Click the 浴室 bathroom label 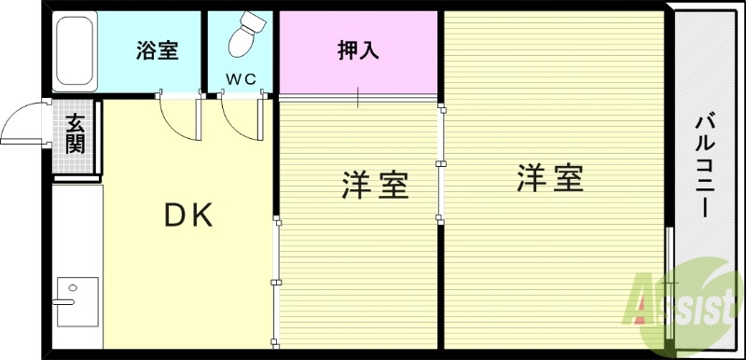click(x=157, y=50)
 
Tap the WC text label click(x=240, y=80)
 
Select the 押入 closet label click(x=358, y=50)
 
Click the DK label click(x=189, y=215)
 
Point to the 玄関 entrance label click(x=76, y=132)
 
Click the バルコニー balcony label click(x=705, y=167)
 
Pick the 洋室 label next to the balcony click(x=550, y=177)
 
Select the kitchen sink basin click(x=72, y=301)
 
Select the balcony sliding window click(x=670, y=280)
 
